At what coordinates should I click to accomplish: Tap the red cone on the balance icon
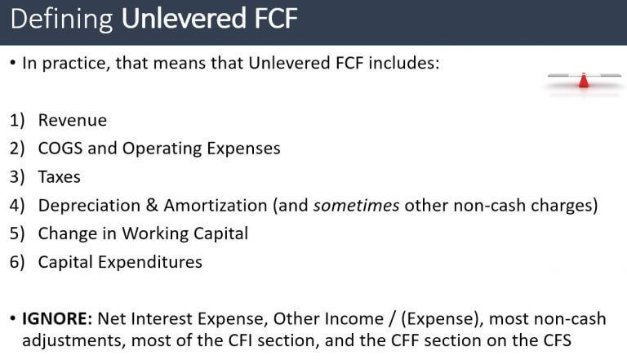583,80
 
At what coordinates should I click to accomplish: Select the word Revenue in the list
72,120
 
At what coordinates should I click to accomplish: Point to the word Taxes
60,176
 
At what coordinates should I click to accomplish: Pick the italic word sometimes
356,205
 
